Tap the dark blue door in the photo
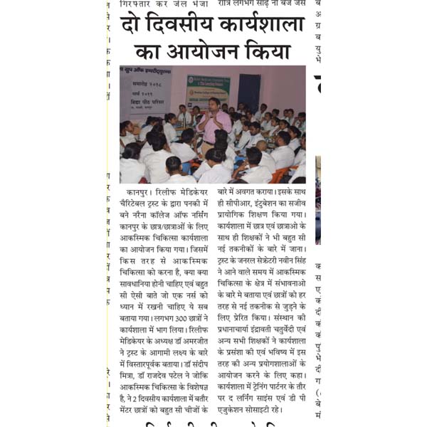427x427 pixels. pyautogui.click(x=249, y=93)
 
